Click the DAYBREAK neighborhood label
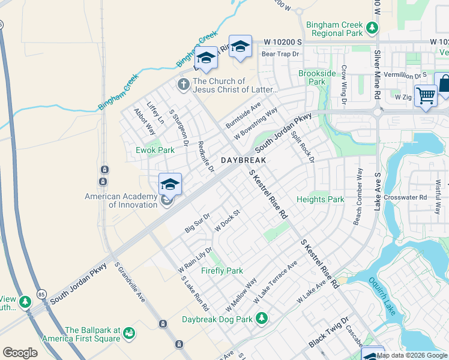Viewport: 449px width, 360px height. pos(243,161)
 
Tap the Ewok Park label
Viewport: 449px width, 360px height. pos(155,150)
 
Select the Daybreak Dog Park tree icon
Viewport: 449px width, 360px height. pos(261,317)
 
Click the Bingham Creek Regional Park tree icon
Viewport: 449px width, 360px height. pos(372,28)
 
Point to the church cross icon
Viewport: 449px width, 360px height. pos(184,84)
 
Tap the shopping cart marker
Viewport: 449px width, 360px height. pos(426,95)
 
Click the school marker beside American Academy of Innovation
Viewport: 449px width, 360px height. pos(170,185)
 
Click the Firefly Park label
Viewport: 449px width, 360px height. pos(222,271)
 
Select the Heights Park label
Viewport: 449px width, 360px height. pos(321,199)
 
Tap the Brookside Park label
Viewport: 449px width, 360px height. pos(312,77)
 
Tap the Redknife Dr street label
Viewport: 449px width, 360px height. pos(205,157)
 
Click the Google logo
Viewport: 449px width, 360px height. pos(20,353)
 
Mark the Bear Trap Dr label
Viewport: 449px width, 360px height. pos(280,54)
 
